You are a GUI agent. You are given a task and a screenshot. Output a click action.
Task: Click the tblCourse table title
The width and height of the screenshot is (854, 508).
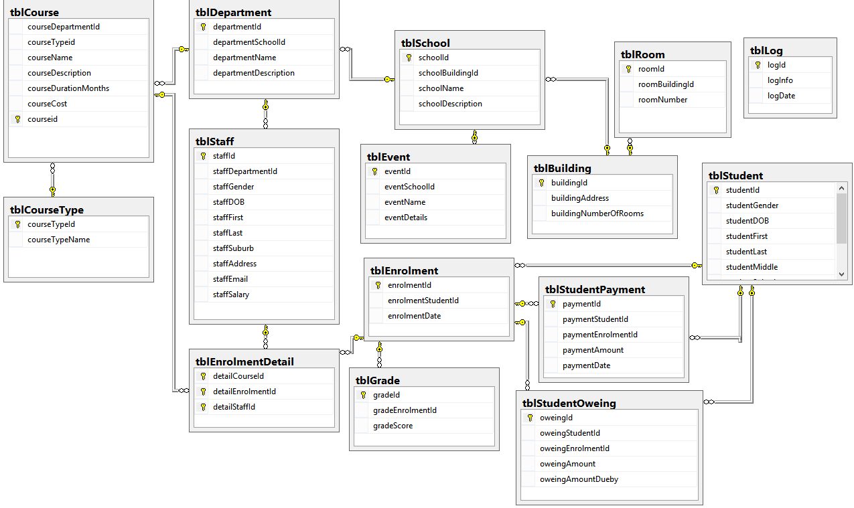tap(35, 13)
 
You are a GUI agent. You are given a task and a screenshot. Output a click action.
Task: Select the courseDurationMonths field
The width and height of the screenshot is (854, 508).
tap(68, 88)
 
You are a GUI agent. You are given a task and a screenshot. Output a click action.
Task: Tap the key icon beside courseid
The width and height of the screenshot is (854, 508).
tap(17, 119)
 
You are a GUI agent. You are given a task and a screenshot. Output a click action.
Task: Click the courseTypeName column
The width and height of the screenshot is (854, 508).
tap(58, 240)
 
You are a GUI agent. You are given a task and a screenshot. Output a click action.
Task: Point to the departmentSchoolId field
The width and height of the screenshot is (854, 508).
tap(249, 42)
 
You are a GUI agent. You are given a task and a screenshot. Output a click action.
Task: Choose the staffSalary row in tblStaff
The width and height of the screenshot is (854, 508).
tap(231, 294)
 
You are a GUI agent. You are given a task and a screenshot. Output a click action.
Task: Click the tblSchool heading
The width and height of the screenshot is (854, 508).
tap(425, 44)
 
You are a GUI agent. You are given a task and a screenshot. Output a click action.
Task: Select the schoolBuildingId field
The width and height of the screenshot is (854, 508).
tap(448, 73)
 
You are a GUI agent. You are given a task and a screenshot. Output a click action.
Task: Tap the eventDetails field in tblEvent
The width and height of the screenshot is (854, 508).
tap(406, 218)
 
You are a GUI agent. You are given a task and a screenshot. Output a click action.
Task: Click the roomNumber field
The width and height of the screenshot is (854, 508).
tap(662, 100)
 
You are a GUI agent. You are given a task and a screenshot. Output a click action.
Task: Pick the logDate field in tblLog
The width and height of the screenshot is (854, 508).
tap(782, 96)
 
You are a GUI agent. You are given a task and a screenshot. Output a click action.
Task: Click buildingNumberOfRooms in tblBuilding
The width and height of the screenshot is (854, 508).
tap(597, 214)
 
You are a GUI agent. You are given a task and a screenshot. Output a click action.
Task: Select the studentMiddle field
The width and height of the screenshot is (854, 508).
tap(752, 267)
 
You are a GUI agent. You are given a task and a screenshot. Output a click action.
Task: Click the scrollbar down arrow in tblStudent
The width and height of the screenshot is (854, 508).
tap(842, 274)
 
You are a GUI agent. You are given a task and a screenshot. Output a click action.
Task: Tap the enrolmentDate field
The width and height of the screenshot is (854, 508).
tap(414, 316)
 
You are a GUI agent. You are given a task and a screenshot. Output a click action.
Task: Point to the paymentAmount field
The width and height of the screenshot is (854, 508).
tap(593, 350)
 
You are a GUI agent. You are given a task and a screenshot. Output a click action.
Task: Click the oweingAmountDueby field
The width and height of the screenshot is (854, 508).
tap(579, 479)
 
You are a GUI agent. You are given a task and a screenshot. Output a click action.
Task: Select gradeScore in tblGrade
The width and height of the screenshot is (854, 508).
tap(393, 426)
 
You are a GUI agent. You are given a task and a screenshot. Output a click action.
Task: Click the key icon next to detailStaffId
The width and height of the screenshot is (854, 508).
tap(202, 407)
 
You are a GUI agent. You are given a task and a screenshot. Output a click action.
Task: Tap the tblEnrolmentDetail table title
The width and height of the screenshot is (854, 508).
tap(244, 362)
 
